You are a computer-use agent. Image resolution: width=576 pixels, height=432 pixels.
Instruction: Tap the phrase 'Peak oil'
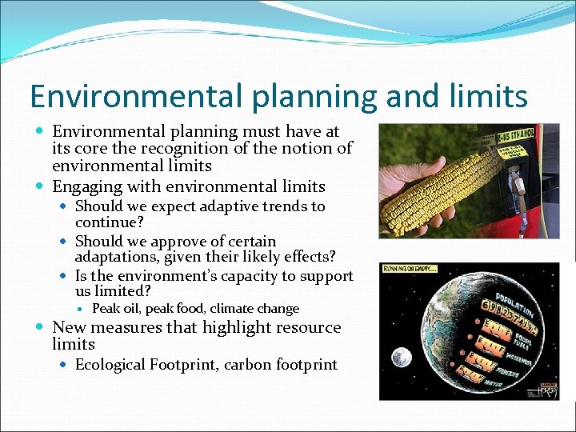pos(115,309)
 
